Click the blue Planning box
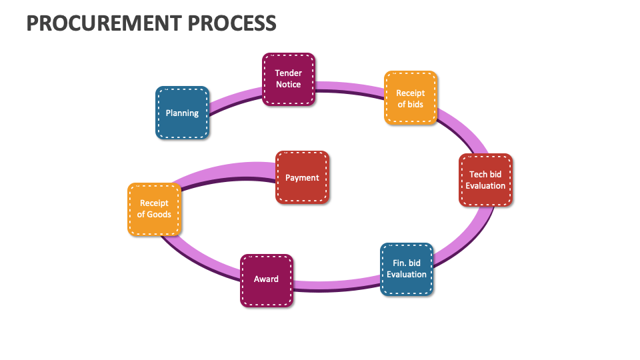182,113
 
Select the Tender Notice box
288,79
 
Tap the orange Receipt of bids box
410,98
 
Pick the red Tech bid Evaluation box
485,180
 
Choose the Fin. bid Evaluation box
406,269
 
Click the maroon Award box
266,279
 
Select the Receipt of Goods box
154,209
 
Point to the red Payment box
302,177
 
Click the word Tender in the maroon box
288,73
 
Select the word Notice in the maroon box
288,85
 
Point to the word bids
415,104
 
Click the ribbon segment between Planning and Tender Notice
235,99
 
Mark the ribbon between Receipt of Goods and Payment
227,171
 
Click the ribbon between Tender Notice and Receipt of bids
350,87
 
